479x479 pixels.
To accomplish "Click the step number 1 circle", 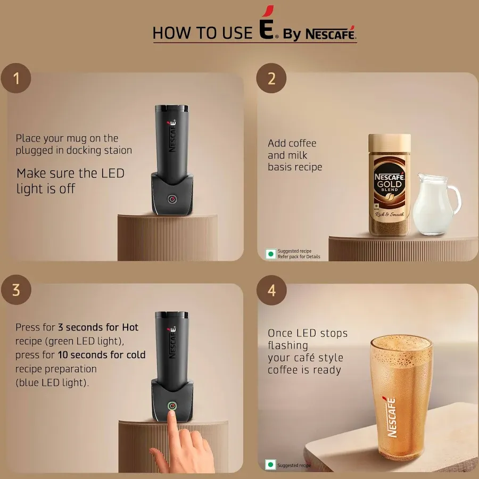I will tap(16, 79).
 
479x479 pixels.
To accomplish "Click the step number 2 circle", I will tap(271, 79).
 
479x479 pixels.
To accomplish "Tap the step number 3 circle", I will tap(16, 290).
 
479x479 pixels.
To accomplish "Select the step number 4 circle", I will tap(271, 291).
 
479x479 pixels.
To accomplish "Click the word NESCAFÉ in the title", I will tap(330, 34).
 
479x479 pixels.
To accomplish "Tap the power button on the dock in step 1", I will tap(171, 199).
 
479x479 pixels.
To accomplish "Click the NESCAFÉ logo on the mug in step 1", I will tap(172, 136).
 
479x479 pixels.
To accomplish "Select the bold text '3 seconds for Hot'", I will tap(98, 327).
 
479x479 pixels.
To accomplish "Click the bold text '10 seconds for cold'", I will tap(101, 354).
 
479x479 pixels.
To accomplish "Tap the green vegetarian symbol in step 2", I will tap(271, 253).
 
